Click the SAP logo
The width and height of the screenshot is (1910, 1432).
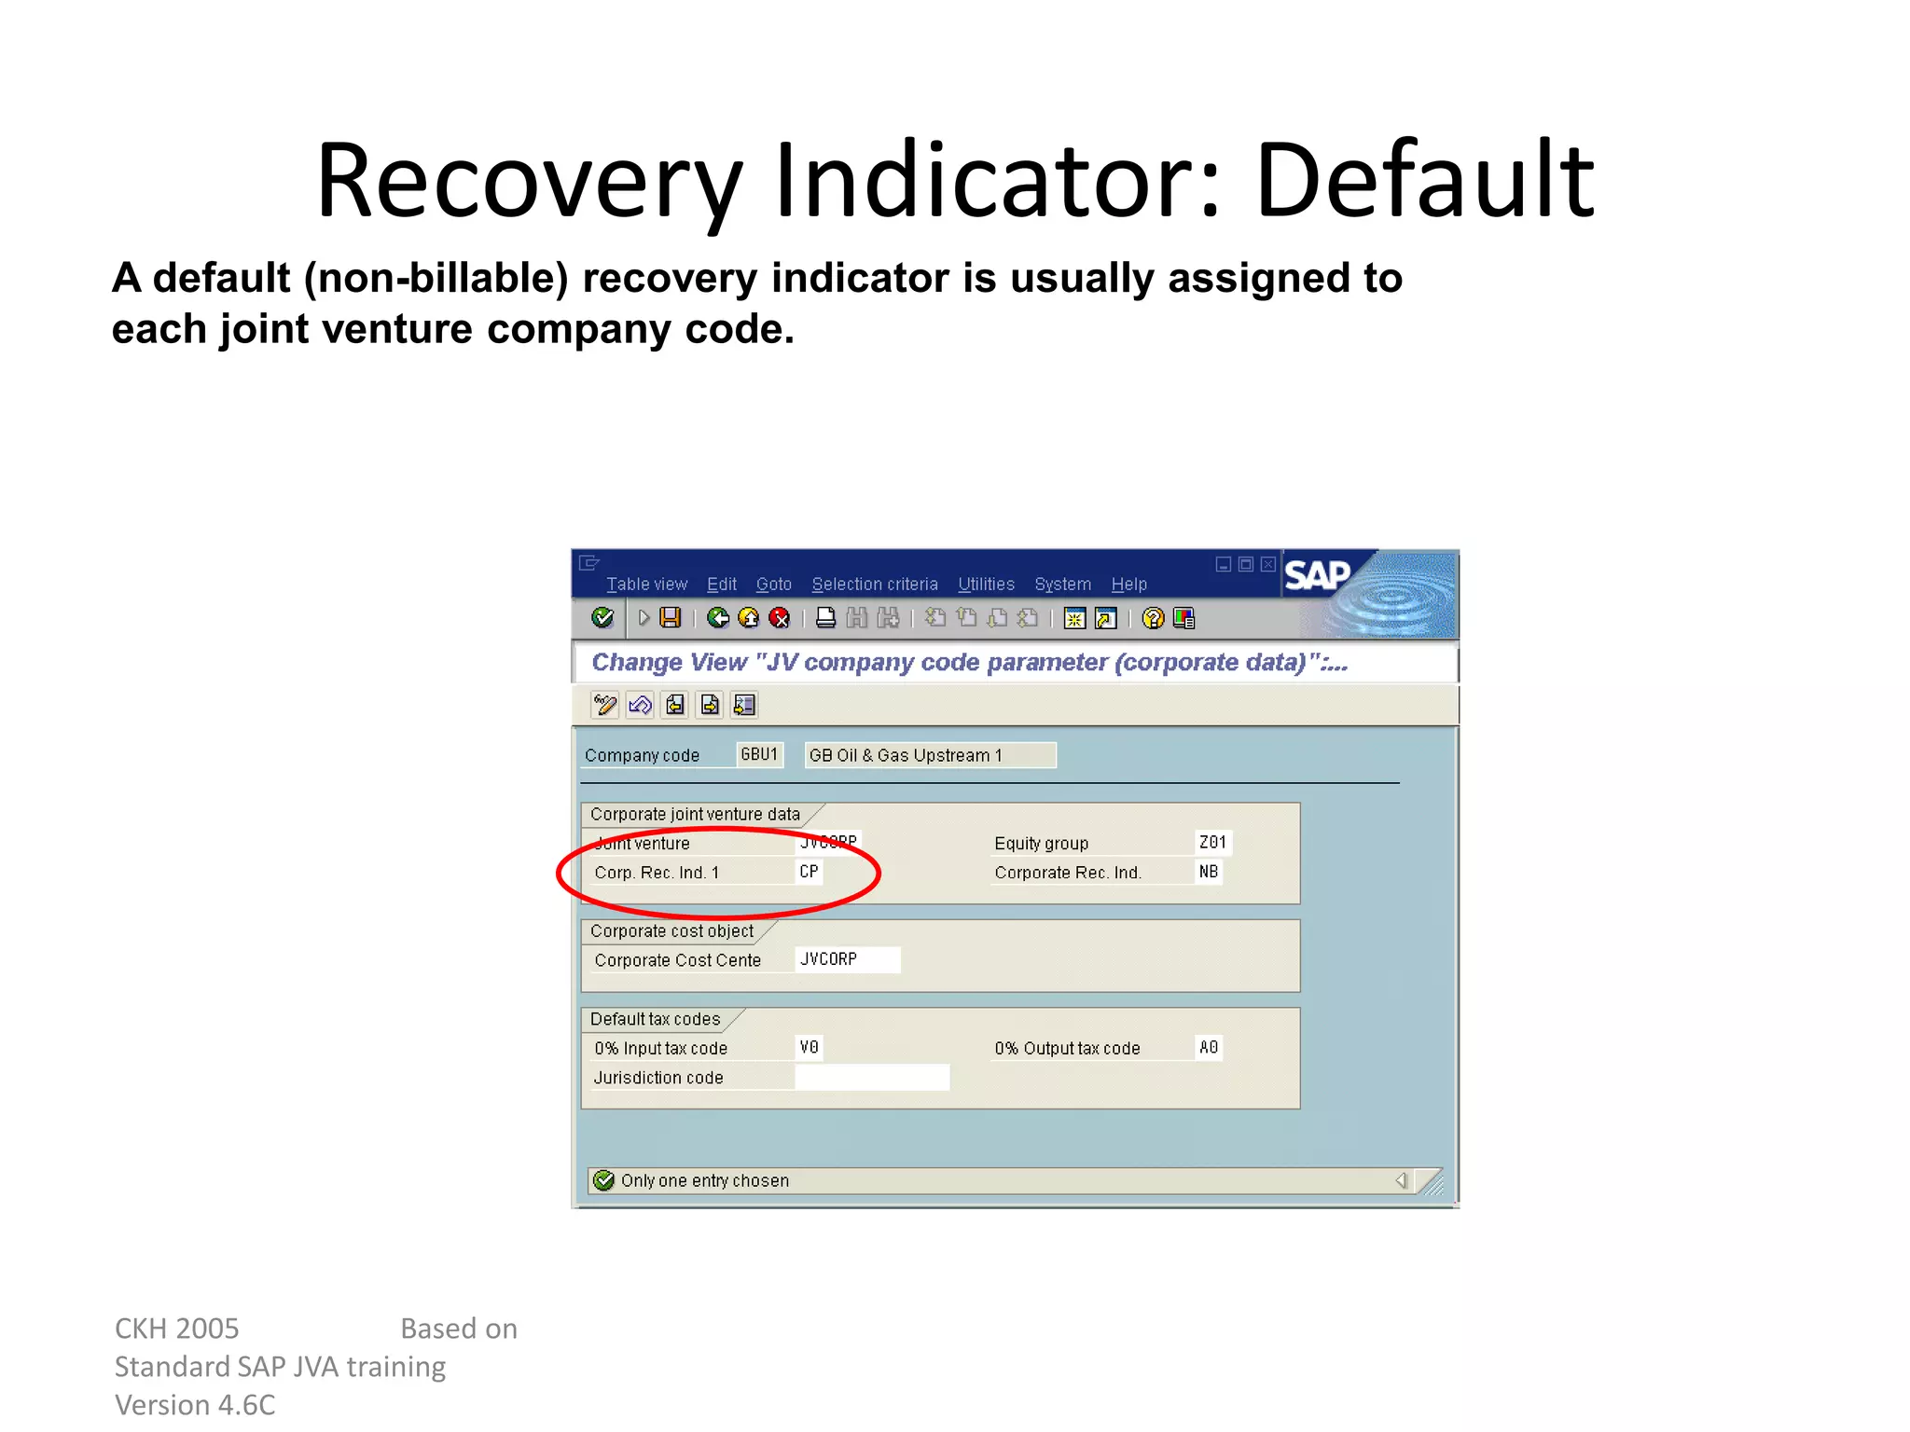click(1317, 575)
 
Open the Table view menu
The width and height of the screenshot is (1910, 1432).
click(646, 585)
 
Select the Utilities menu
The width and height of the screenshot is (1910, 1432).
click(986, 585)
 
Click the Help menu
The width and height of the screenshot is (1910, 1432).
click(1128, 585)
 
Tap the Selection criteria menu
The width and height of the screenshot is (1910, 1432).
click(874, 585)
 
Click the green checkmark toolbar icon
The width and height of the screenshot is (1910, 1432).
click(603, 617)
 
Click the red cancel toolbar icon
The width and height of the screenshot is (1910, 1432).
click(780, 618)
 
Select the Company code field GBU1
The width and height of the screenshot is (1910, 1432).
click(759, 754)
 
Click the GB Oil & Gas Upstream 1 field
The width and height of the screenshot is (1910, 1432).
click(929, 755)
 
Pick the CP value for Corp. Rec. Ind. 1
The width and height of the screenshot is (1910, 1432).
click(810, 872)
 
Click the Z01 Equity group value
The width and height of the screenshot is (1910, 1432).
click(1212, 843)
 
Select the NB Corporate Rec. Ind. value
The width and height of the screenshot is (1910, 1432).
click(1209, 872)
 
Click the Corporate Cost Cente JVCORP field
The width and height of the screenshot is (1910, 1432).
click(847, 959)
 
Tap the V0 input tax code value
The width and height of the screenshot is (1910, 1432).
click(810, 1048)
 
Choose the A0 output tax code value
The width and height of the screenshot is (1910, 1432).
click(1209, 1048)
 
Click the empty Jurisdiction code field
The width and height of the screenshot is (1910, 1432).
click(872, 1078)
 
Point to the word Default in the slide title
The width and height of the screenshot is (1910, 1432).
click(1425, 179)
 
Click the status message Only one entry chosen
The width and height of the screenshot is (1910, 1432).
click(705, 1181)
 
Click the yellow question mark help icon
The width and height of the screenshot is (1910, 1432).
click(1154, 618)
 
